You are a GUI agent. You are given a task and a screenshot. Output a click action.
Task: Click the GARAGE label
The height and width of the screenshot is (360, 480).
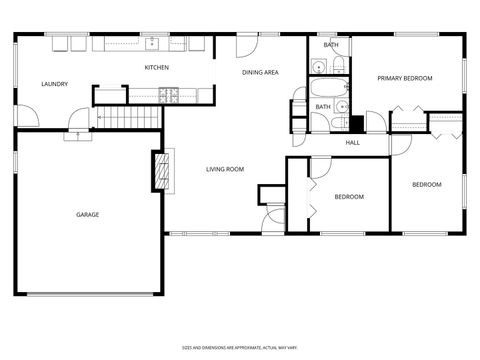pyautogui.click(x=88, y=214)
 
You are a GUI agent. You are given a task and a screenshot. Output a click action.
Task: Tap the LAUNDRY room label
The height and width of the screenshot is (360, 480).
pyautogui.click(x=54, y=84)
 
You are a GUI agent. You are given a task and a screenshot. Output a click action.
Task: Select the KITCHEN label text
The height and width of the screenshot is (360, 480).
pyautogui.click(x=156, y=67)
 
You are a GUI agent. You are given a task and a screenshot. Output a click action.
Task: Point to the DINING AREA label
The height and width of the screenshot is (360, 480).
pyautogui.click(x=260, y=72)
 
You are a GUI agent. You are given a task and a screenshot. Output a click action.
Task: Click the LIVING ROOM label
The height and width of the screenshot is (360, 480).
pyautogui.click(x=225, y=169)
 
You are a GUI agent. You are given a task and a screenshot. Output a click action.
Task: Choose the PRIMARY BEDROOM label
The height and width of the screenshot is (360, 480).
pyautogui.click(x=404, y=77)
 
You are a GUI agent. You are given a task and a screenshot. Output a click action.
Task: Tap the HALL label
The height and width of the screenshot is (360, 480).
pyautogui.click(x=353, y=142)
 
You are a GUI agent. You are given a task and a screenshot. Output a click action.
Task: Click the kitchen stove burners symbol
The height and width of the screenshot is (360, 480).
pyautogui.click(x=169, y=95)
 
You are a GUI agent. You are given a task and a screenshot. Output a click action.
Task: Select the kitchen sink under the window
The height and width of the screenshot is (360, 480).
pyautogui.click(x=153, y=43)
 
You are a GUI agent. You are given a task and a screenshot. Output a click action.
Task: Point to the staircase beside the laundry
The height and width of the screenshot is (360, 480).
pyautogui.click(x=128, y=116)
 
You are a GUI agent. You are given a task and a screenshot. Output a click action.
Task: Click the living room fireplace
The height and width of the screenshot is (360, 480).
pyautogui.click(x=158, y=170)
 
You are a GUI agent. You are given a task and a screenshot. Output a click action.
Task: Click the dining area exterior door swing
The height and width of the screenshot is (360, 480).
pyautogui.click(x=247, y=46)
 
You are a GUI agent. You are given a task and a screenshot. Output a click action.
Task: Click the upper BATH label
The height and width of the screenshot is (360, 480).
pyautogui.click(x=330, y=45)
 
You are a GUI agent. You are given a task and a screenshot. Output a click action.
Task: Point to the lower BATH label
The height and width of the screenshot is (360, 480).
pyautogui.click(x=323, y=106)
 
